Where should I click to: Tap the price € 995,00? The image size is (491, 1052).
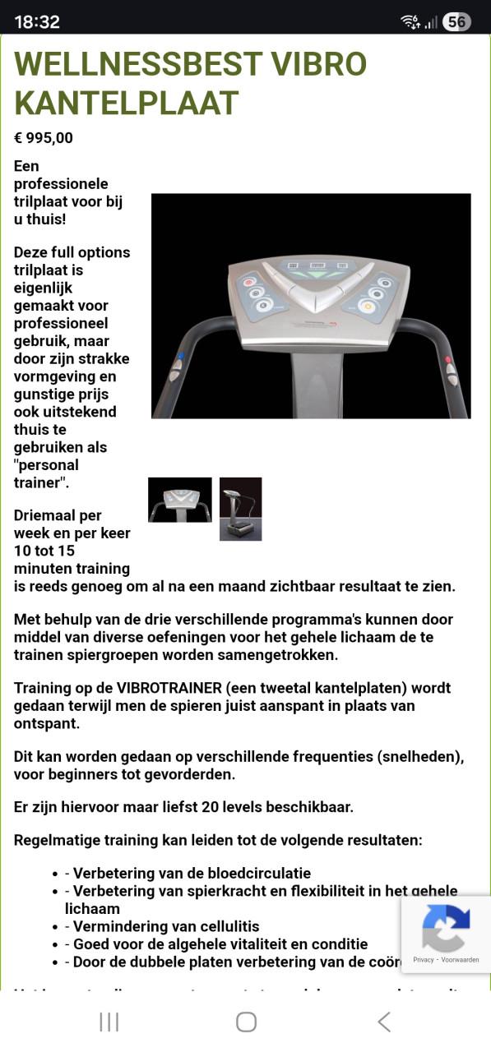[44, 138]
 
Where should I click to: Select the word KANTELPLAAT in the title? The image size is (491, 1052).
[127, 104]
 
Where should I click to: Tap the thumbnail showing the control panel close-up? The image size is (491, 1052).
[179, 500]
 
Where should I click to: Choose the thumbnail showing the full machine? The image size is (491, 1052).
[240, 509]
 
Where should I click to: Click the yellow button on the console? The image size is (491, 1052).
[367, 307]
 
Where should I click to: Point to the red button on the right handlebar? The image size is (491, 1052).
[448, 359]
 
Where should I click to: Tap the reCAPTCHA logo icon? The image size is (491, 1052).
[446, 928]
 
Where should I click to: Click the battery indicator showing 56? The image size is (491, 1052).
[456, 22]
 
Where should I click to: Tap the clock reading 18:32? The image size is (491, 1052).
[37, 22]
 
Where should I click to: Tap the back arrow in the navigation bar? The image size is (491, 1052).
[383, 1022]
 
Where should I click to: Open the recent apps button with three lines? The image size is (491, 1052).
[109, 1022]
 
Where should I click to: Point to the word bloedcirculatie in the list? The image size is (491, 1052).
[261, 874]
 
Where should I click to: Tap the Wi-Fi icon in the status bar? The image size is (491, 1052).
[410, 22]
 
